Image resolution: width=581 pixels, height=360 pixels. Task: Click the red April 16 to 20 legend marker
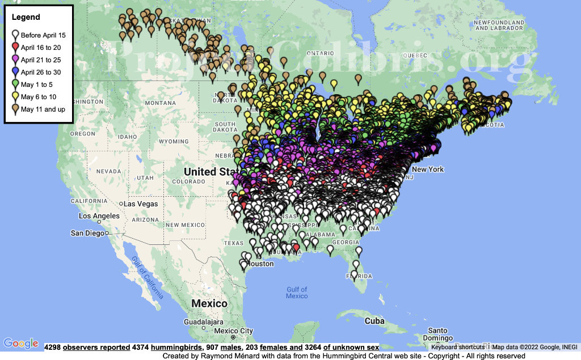(x=15, y=46)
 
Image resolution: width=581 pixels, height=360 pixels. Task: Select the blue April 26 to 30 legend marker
(x=15, y=71)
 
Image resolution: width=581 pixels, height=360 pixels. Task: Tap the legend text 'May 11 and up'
(x=43, y=109)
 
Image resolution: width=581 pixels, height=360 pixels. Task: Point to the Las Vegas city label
(x=141, y=204)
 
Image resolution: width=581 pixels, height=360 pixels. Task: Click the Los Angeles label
(x=99, y=216)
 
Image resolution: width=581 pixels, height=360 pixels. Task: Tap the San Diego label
(x=87, y=233)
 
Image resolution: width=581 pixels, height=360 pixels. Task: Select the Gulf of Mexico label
(x=297, y=293)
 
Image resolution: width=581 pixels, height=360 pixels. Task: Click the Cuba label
(x=374, y=321)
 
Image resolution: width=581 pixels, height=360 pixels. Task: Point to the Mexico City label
(x=234, y=331)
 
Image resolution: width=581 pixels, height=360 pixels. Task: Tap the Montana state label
(x=160, y=103)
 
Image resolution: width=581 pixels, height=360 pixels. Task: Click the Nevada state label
(x=108, y=171)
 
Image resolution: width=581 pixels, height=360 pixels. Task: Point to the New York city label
(x=428, y=170)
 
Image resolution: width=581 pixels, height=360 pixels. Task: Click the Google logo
(x=20, y=343)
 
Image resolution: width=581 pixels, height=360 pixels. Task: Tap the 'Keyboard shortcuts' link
(x=457, y=347)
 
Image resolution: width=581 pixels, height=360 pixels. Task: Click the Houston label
(x=262, y=264)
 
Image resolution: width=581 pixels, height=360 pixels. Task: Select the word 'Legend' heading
(x=26, y=18)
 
